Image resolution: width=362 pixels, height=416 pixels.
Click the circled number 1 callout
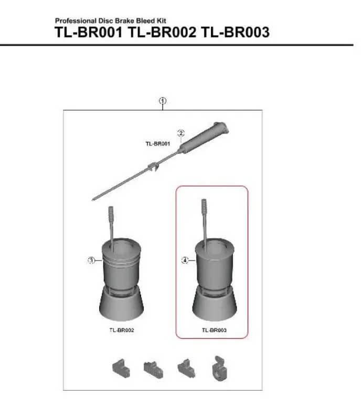163,100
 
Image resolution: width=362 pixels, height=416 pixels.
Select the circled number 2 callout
180,133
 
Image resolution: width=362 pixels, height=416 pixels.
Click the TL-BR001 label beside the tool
157,143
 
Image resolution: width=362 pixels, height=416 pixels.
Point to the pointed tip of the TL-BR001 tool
93,199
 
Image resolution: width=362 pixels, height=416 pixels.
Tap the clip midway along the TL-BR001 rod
153,168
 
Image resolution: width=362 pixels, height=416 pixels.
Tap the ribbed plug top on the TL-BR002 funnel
111,214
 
